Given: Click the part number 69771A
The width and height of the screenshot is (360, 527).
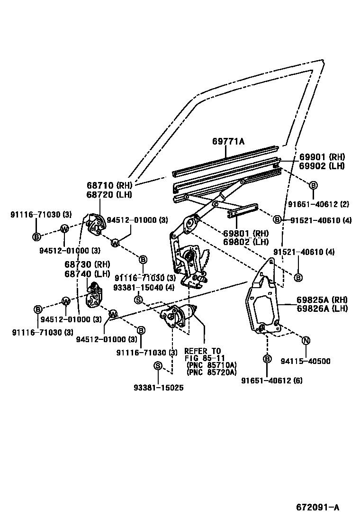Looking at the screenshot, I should pyautogui.click(x=229, y=141).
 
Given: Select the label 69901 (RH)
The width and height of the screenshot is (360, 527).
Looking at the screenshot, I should pyautogui.click(x=322, y=157).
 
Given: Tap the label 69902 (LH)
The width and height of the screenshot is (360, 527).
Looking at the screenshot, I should pyautogui.click(x=322, y=166).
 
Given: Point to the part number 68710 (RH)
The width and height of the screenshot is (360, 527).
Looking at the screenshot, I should pyautogui.click(x=109, y=186).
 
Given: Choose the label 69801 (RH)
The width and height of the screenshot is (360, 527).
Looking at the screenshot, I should pyautogui.click(x=246, y=233).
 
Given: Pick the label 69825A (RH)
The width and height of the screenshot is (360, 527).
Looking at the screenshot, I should pyautogui.click(x=322, y=300).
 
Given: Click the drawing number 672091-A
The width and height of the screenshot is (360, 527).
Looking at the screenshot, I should pyautogui.click(x=318, y=508).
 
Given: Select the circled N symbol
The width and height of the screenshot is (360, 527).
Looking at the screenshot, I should pyautogui.click(x=306, y=340).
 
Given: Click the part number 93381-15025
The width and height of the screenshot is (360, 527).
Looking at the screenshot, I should pyautogui.click(x=158, y=387).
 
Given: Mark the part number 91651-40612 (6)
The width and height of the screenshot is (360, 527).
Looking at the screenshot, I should pyautogui.click(x=272, y=380).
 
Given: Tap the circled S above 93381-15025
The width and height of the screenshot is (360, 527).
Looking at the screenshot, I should pyautogui.click(x=158, y=366).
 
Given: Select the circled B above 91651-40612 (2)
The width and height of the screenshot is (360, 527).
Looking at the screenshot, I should pyautogui.click(x=313, y=185).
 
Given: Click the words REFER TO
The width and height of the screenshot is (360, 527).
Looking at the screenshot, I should pyautogui.click(x=202, y=351).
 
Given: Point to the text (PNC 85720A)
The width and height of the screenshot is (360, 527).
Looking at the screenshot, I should pyautogui.click(x=212, y=372).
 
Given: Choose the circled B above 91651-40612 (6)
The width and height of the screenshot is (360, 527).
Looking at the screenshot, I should pyautogui.click(x=267, y=359).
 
